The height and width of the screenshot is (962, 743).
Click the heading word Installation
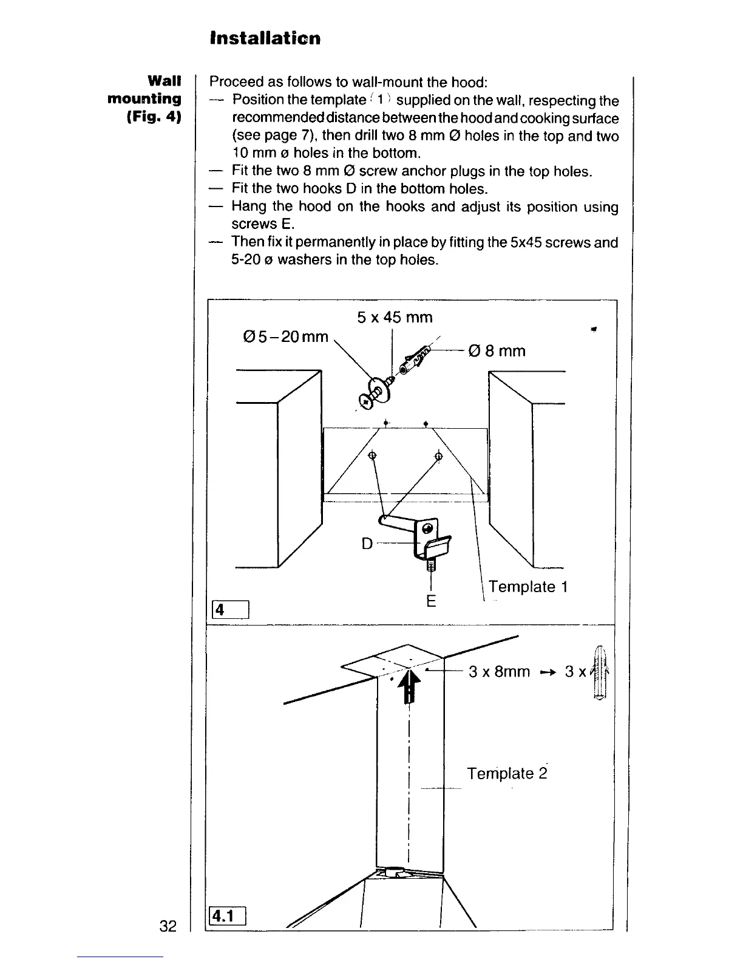[x=265, y=38]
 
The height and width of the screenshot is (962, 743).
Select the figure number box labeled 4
[x=229, y=609]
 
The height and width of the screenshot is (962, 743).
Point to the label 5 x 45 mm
[x=395, y=317]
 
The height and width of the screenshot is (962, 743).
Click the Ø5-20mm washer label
[x=284, y=336]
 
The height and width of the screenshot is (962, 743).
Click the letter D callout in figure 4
[x=367, y=542]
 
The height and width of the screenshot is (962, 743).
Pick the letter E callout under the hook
[x=431, y=601]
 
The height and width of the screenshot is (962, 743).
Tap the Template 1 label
[x=528, y=587]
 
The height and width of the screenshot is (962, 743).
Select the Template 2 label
[x=507, y=773]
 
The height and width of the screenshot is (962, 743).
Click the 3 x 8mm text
[x=499, y=672]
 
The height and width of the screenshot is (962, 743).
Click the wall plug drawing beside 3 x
[x=600, y=674]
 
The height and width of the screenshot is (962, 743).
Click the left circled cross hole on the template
[x=373, y=455]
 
